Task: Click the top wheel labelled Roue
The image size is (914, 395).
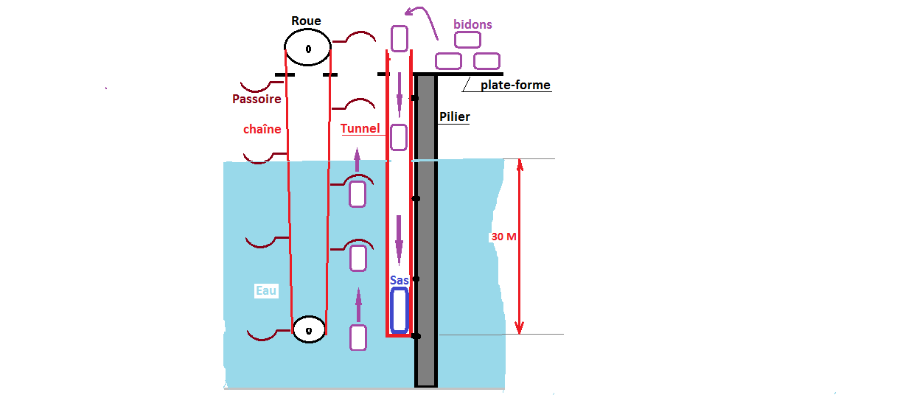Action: pyautogui.click(x=308, y=49)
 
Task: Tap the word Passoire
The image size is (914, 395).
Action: pyautogui.click(x=256, y=99)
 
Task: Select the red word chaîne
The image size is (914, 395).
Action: pyautogui.click(x=262, y=129)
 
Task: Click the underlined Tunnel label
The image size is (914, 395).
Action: pyautogui.click(x=360, y=129)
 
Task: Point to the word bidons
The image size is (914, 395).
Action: pyautogui.click(x=472, y=24)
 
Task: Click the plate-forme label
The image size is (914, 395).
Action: pyautogui.click(x=515, y=85)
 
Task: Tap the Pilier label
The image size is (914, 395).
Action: pyautogui.click(x=454, y=116)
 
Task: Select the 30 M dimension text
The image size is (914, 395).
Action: pyautogui.click(x=503, y=237)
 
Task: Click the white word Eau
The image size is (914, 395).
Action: pyautogui.click(x=266, y=291)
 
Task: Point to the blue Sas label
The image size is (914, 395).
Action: pyautogui.click(x=400, y=281)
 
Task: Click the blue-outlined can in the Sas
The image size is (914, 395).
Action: pyautogui.click(x=400, y=310)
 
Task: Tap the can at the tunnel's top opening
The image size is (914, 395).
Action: pyautogui.click(x=399, y=38)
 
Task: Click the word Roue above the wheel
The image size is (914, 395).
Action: pyautogui.click(x=306, y=21)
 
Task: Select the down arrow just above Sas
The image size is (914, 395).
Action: pyautogui.click(x=399, y=240)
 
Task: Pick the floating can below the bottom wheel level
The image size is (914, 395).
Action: pyautogui.click(x=358, y=337)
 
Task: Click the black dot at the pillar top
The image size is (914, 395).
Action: pyautogui.click(x=415, y=98)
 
